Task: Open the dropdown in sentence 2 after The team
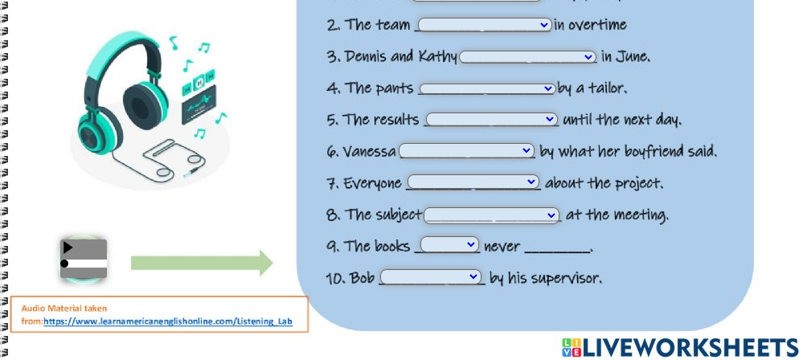coord(485,25)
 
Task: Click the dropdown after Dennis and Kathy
coord(527,57)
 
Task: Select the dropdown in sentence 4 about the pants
coord(487,88)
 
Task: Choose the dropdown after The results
coord(492,119)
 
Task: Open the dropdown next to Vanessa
coord(466,150)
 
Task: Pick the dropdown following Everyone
coord(473,182)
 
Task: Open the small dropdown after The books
coord(449,245)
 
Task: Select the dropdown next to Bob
coord(431,276)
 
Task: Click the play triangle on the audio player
coord(68,247)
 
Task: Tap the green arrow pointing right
coord(203,263)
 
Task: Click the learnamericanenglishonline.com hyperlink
coord(168,321)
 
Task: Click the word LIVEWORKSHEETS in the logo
coord(690,348)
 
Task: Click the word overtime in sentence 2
coord(597,25)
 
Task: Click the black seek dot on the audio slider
coord(64,264)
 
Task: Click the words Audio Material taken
coord(64,309)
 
